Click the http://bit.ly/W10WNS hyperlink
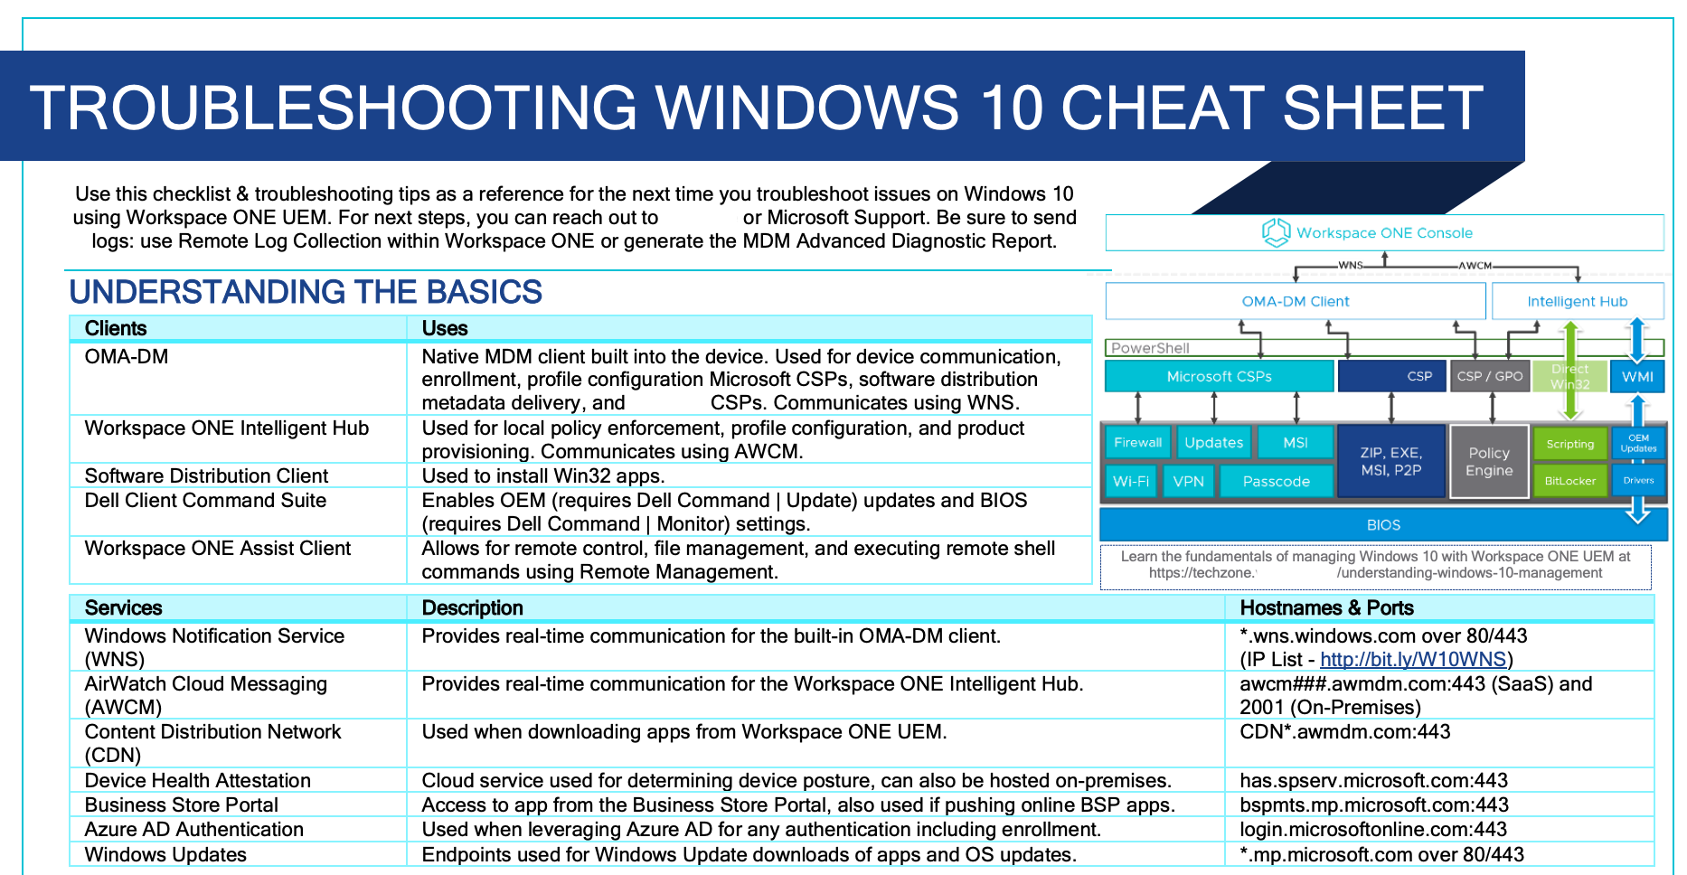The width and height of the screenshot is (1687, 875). click(1413, 660)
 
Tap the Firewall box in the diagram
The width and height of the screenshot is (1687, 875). click(1137, 442)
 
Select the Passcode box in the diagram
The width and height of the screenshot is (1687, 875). click(1276, 481)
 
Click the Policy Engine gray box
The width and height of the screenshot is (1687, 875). click(1489, 461)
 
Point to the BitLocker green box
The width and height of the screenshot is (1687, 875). click(1569, 481)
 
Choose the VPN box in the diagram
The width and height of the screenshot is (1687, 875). click(1188, 481)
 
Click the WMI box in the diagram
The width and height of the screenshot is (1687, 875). click(1637, 376)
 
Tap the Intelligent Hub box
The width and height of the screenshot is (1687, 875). click(1577, 301)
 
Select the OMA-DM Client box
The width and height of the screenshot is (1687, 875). click(1295, 301)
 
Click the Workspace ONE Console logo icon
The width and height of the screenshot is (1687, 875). click(1276, 232)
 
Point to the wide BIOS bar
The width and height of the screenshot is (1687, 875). click(1382, 524)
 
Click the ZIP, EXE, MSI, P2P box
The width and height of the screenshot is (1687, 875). click(1390, 461)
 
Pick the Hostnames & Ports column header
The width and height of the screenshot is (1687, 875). click(1326, 607)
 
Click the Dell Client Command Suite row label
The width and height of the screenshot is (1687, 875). click(205, 500)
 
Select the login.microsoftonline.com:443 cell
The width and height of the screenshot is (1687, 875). click(1372, 829)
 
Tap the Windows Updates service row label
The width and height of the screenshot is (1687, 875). click(165, 854)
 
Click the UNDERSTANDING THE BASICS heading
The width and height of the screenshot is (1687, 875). click(306, 292)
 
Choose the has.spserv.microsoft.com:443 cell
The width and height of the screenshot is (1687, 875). click(1373, 780)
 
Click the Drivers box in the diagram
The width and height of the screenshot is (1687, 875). click(1637, 480)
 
